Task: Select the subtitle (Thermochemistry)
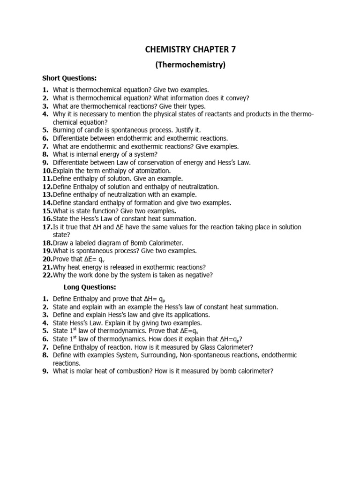point(190,65)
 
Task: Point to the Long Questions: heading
point(90,287)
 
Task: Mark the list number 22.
point(47,275)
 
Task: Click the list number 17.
point(47,227)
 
